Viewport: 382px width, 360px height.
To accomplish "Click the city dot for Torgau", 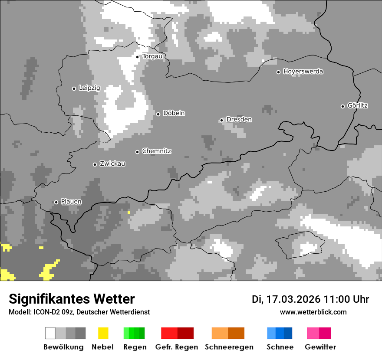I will coord(138,57).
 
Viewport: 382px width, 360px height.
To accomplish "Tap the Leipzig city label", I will coord(89,88).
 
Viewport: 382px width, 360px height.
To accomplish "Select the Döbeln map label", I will coord(174,113).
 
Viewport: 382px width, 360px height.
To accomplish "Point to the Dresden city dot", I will coord(221,120).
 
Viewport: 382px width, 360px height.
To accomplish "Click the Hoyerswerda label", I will coord(303,72).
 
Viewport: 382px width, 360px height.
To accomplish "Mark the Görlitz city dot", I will coord(342,106).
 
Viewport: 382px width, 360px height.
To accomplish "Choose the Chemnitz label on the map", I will coord(157,151).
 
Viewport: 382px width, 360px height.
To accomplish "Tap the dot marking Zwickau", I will coord(95,164).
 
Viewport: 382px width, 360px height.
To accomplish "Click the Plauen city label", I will coord(71,202).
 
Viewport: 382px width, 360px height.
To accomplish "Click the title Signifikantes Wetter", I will coord(72,299).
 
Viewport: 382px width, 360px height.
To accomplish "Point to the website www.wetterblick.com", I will coord(313,312).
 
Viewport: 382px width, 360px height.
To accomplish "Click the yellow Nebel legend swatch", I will coord(103,333).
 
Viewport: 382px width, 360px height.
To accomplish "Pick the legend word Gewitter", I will coord(320,347).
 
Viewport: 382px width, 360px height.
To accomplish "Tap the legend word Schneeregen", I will coord(229,347).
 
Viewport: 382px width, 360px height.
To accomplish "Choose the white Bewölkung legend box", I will coord(50,333).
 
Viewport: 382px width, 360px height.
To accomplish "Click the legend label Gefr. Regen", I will coord(177,347).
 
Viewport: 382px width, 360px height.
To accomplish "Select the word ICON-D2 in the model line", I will coord(45,312).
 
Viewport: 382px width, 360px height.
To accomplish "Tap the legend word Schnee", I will coord(280,347).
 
